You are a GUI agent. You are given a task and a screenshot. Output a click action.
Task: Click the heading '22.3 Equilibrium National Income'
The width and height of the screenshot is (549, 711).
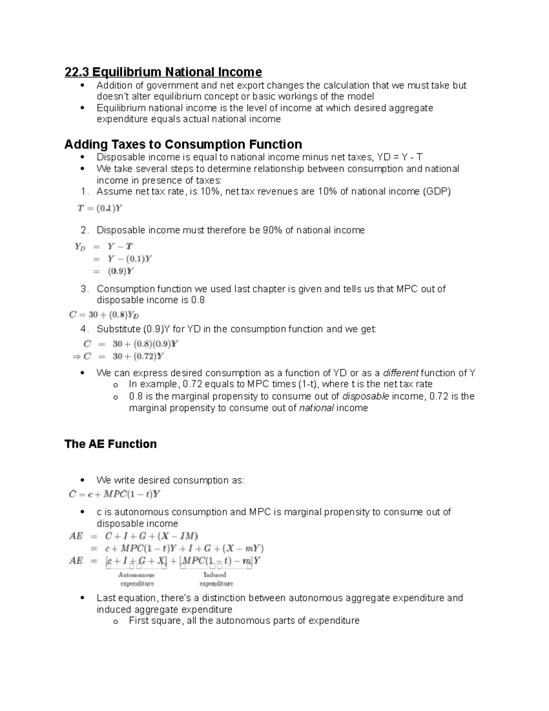[163, 72]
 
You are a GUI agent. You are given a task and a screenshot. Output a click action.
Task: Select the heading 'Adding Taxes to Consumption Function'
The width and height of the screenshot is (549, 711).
[183, 144]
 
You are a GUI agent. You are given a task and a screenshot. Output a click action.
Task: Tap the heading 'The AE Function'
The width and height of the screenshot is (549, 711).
[110, 444]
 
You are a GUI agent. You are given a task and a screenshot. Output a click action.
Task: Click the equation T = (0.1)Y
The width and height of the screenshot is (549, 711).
[100, 208]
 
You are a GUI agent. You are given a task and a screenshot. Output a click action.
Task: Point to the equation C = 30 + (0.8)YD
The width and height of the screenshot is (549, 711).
[104, 315]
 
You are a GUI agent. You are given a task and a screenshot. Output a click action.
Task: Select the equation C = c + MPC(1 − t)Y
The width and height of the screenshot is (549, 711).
[114, 494]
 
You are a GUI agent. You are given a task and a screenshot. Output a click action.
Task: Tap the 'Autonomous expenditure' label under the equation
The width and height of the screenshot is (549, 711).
[137, 579]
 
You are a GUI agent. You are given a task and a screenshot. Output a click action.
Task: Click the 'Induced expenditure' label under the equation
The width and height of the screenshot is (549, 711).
[215, 579]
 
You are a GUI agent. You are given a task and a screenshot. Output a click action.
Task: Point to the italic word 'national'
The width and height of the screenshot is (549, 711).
[316, 408]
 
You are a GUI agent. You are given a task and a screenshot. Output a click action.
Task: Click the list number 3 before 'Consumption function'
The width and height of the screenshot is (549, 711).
[84, 289]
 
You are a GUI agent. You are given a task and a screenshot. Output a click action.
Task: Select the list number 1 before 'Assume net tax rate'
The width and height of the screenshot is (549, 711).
[84, 191]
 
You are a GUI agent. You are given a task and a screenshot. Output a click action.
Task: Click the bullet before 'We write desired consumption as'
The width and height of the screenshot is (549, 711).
[82, 480]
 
